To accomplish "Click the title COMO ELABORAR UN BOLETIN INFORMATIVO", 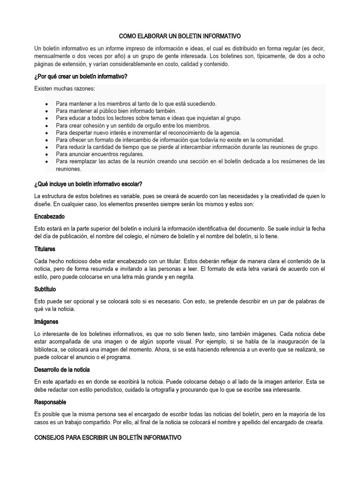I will tap(180, 36).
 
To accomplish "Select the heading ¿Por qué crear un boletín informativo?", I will tap(81, 76).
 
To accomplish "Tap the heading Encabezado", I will tap(49, 217).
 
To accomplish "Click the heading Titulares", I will tap(45, 249).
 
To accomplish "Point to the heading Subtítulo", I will tap(45, 289).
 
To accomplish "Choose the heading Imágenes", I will tap(46, 322).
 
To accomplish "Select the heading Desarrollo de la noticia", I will tap(62, 370).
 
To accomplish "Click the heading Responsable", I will tap(50, 402).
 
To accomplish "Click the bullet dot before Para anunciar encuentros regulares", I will tap(46, 154).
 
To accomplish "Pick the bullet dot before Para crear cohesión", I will tap(46, 126).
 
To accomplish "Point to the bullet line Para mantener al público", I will tap(109, 111).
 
